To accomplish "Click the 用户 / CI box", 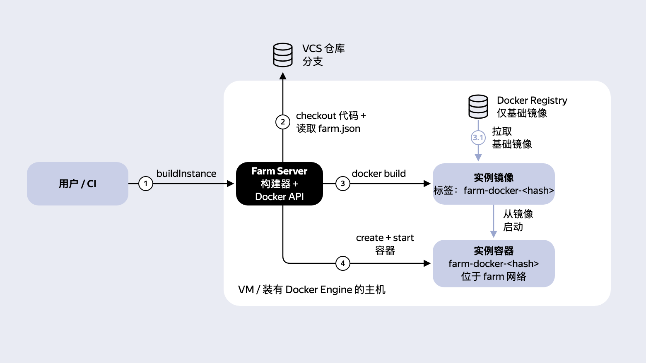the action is pyautogui.click(x=77, y=184).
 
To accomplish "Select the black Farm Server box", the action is pyautogui.click(x=279, y=184).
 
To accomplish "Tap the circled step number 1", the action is pyautogui.click(x=146, y=184).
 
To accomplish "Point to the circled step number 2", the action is pyautogui.click(x=282, y=122).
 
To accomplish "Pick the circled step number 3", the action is pyautogui.click(x=342, y=184).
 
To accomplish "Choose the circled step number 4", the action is pyautogui.click(x=342, y=263).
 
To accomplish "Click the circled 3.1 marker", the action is pyautogui.click(x=478, y=138).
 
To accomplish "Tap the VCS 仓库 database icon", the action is pyautogui.click(x=282, y=55).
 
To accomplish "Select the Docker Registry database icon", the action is pyautogui.click(x=478, y=107).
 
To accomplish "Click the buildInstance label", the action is pyautogui.click(x=186, y=174).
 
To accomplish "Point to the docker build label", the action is pyautogui.click(x=378, y=174).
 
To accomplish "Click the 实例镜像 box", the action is pyautogui.click(x=494, y=184).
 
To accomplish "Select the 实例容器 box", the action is pyautogui.click(x=494, y=263).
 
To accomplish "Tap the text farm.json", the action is pyautogui.click(x=339, y=129).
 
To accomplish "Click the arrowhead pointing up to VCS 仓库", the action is pyautogui.click(x=282, y=76).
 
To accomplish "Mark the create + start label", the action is pyautogui.click(x=385, y=238).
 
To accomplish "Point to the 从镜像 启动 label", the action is pyautogui.click(x=518, y=220).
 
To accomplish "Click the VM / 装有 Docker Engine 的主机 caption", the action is pyautogui.click(x=311, y=289).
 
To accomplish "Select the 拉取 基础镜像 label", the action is pyautogui.click(x=512, y=138).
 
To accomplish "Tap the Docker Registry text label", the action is pyautogui.click(x=532, y=100).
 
